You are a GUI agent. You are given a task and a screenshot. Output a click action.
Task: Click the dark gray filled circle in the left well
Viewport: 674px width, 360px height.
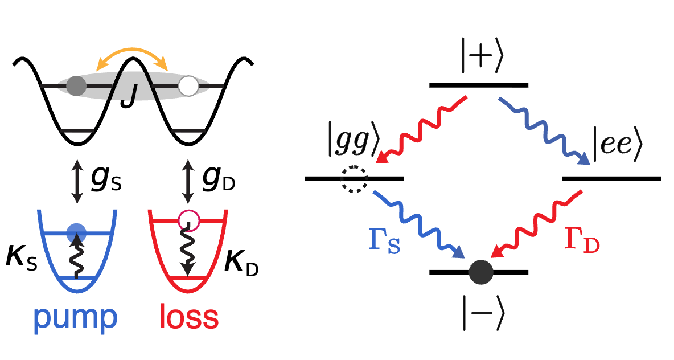click(76, 85)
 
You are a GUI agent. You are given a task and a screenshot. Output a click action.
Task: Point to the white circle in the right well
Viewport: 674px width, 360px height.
click(188, 85)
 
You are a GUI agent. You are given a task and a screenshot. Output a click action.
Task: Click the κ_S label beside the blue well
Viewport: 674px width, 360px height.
click(22, 258)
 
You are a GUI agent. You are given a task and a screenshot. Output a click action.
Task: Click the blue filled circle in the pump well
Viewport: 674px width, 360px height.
click(77, 233)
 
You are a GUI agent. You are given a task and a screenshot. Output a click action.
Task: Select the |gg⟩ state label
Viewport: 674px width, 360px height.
click(352, 141)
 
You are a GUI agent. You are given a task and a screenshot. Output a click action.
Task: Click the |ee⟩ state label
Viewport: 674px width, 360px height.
click(617, 144)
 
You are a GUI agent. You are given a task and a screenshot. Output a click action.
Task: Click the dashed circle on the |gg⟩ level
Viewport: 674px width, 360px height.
click(355, 179)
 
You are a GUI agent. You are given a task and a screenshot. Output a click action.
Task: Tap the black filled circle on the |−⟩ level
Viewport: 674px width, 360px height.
click(481, 272)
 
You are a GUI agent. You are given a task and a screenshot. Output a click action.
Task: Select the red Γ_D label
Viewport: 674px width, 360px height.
click(582, 240)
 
